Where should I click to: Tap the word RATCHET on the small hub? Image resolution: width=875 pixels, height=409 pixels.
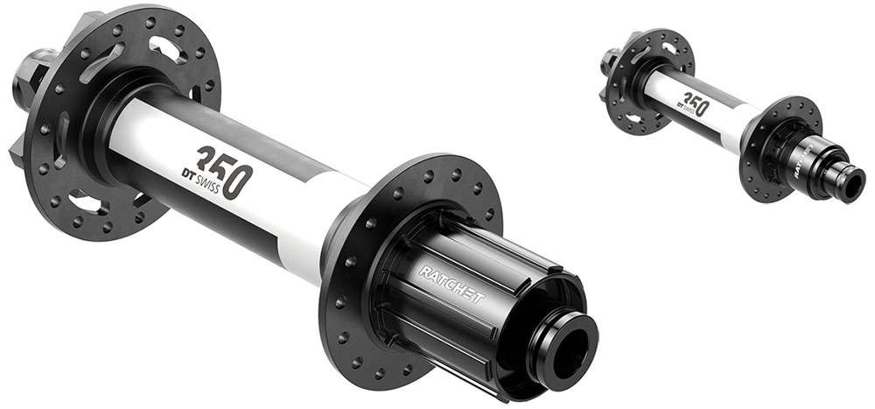(x=808, y=157)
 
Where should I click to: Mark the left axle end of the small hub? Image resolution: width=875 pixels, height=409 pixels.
(x=607, y=60)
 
